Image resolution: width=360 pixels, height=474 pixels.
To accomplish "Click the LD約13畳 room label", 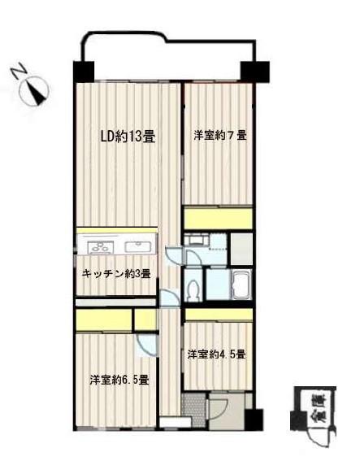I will pos(127,137).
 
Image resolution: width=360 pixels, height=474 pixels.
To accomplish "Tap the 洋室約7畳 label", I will pos(219,136).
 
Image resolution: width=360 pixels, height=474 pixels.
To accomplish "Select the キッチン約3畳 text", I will pos(116,274).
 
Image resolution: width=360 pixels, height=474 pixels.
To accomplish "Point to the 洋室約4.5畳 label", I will pos(217,354).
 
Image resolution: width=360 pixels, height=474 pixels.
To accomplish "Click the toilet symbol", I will pos(193,290).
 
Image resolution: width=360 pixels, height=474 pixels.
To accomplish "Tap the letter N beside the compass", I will pos(18,71).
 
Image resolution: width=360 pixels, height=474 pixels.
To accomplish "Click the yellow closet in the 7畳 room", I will pos(219,219).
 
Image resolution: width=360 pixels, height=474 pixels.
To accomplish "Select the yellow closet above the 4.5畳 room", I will pos(218,315).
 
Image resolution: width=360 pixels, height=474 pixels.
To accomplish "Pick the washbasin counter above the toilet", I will pos(197,241).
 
